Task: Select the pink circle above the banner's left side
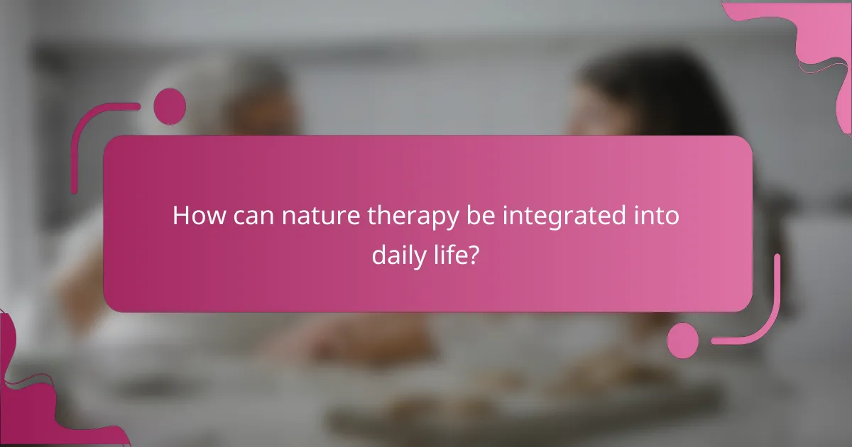click(170, 106)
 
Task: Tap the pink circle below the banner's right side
click(683, 340)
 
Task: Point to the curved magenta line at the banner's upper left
click(92, 135)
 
